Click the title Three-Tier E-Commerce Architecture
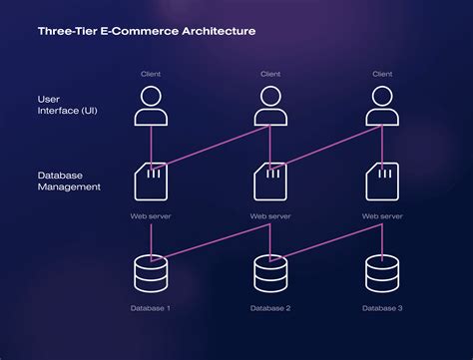(146, 31)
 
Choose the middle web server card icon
(269, 181)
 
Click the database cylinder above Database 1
(150, 272)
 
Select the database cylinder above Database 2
(269, 272)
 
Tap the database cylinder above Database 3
(381, 272)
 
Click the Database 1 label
(150, 308)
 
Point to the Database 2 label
(269, 308)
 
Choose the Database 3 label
(381, 308)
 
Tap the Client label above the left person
(150, 74)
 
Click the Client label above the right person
(381, 74)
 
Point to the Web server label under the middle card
(269, 215)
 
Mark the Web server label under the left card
(150, 215)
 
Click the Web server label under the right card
(381, 215)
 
